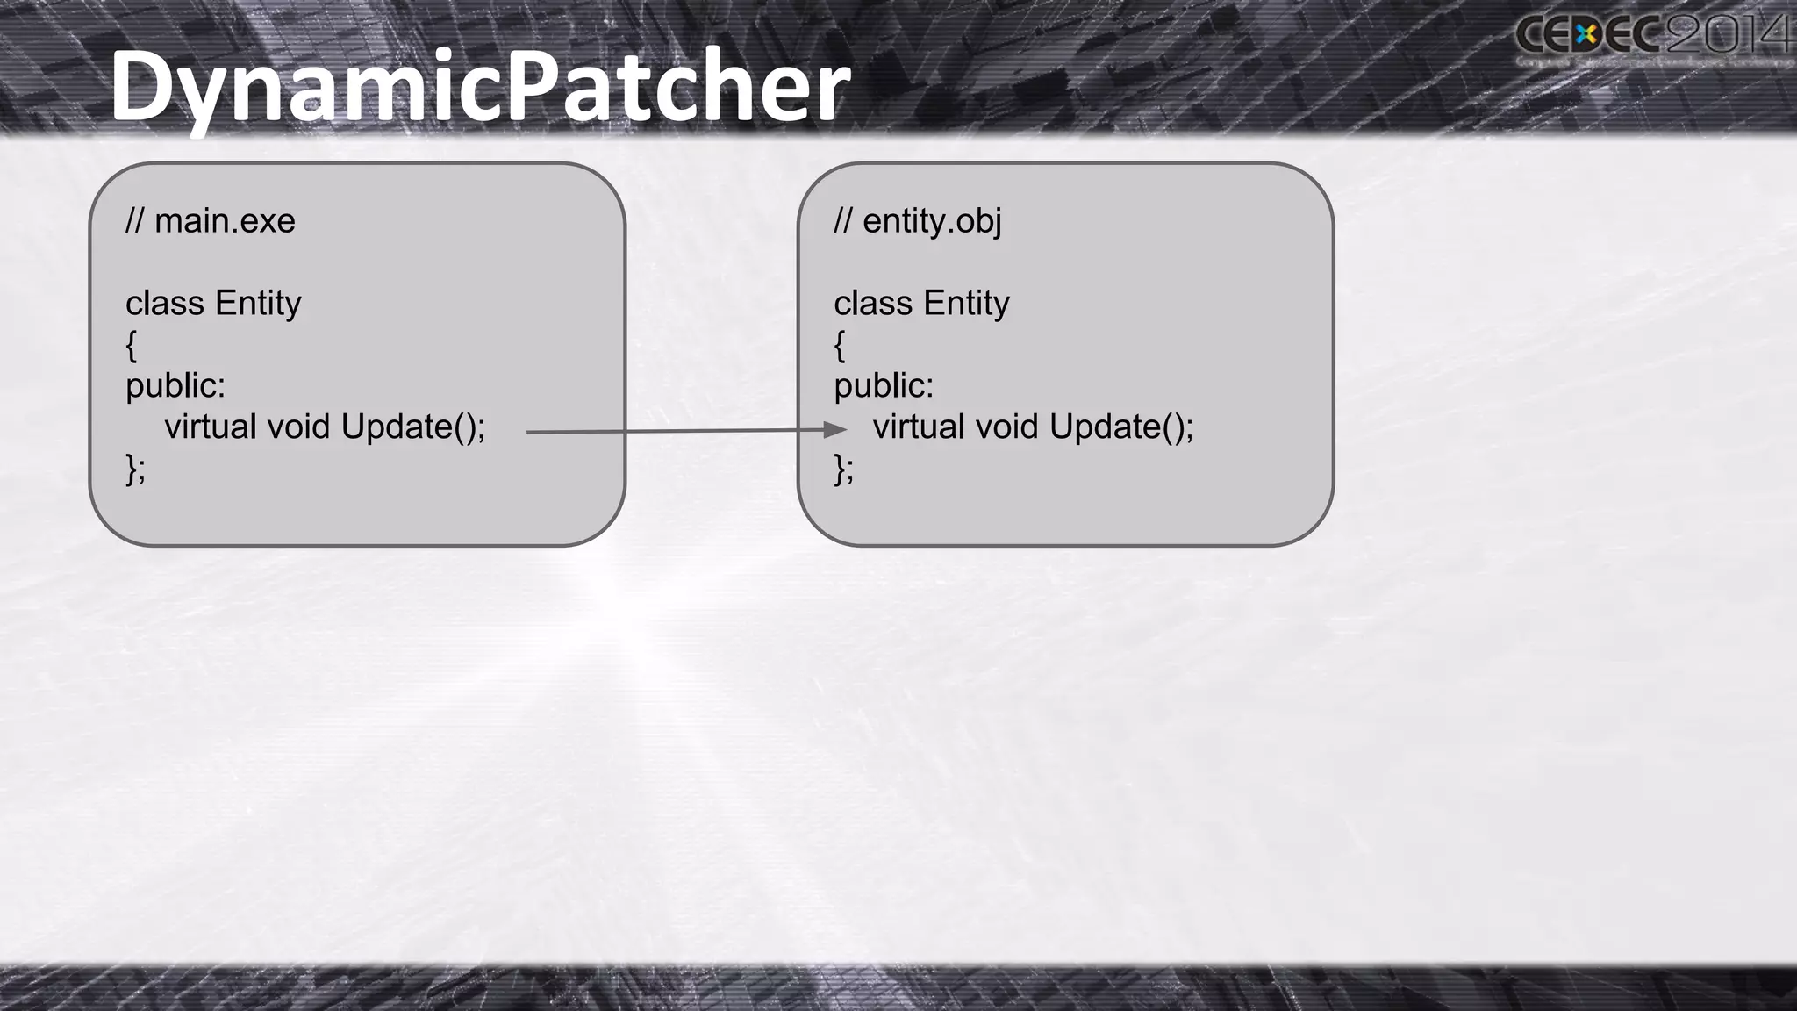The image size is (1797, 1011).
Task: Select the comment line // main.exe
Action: [211, 221]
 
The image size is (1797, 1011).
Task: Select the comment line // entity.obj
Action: [918, 221]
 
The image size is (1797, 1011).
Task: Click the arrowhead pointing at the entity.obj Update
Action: [834, 429]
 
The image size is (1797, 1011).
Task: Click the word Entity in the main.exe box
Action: [258, 304]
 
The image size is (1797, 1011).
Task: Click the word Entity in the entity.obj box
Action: [966, 304]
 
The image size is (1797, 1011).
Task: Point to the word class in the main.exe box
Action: [165, 304]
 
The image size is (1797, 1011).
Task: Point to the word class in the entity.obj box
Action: [873, 304]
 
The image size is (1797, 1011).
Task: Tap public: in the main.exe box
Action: [175, 386]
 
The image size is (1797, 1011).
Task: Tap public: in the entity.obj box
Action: [884, 386]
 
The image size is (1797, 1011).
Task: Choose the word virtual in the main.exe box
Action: [211, 427]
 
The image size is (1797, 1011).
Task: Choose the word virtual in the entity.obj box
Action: [919, 427]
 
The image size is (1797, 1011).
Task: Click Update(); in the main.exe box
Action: [412, 427]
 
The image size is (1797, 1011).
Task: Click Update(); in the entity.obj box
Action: [1120, 427]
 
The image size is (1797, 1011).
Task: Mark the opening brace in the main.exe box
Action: [132, 346]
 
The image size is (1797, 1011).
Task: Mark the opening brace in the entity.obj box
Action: [840, 346]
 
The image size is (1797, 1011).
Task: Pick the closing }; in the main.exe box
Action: [136, 469]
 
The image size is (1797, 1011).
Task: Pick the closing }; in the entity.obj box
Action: [844, 469]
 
